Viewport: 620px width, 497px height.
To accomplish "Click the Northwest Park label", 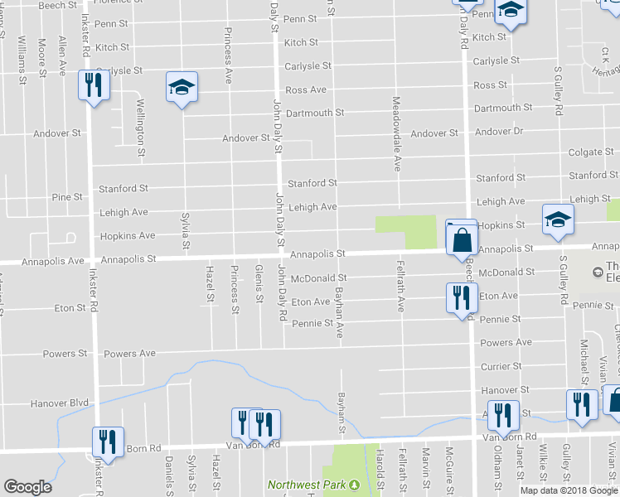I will [307, 485].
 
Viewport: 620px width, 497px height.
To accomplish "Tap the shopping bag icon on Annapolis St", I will [461, 240].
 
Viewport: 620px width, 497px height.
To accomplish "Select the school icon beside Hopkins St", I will [558, 220].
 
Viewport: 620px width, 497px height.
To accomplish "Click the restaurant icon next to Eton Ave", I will [458, 298].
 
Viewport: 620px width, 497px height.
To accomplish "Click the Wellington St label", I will [141, 128].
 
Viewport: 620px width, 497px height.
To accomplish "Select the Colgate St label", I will [590, 152].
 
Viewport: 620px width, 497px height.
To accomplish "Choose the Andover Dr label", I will [501, 133].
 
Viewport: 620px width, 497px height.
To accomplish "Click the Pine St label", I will [67, 197].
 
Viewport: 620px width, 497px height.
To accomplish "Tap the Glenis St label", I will [259, 284].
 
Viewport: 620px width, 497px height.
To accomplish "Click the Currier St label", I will [501, 366].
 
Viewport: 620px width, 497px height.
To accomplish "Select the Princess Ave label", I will [228, 55].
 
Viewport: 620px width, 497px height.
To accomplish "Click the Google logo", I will [27, 487].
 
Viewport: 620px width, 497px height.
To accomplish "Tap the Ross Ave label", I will [306, 89].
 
